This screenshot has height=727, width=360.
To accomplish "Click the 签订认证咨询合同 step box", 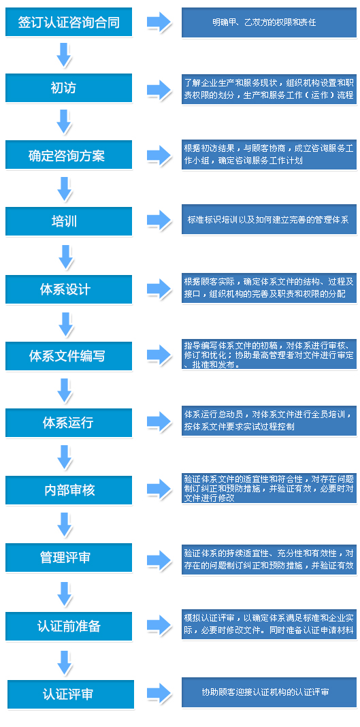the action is pos(69,22).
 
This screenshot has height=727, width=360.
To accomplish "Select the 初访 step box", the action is pos(69,88).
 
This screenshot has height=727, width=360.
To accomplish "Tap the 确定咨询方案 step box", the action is pos(69,155).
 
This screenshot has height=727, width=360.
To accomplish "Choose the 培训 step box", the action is pos(69,221).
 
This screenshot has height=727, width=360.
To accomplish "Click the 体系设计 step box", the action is pos(69,289).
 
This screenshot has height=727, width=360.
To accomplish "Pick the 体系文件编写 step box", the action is pos(69,356).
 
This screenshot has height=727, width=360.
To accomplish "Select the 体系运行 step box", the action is pos(69,423).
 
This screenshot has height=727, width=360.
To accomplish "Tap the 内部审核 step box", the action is pos(69,490).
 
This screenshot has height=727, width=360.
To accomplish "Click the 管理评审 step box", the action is pos(69,558).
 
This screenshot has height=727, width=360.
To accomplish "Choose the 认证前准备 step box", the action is pos(69,626).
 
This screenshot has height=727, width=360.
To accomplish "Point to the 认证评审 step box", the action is pos(70,694).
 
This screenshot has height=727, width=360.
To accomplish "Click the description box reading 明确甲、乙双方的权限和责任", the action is pos(269,22).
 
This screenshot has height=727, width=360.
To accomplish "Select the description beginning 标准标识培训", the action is pos(269,220).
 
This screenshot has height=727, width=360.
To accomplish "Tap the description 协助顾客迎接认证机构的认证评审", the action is pos(269,693).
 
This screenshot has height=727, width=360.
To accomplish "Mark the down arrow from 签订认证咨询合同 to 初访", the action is pos(64,54).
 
